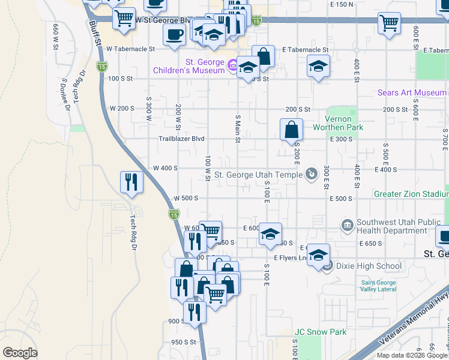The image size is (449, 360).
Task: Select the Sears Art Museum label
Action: [x=412, y=93]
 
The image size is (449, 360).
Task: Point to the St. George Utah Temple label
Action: [x=258, y=175]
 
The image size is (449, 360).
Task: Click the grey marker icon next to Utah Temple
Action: [x=311, y=175]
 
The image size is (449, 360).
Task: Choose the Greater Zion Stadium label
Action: [x=411, y=194]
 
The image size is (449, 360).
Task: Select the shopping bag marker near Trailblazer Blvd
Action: [x=291, y=130]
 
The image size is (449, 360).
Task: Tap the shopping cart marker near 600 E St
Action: [x=389, y=23]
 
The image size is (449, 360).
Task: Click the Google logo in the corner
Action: [x=20, y=353]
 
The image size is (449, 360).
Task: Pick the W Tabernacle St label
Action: [x=131, y=50]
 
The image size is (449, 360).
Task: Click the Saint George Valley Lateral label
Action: [x=378, y=286]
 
